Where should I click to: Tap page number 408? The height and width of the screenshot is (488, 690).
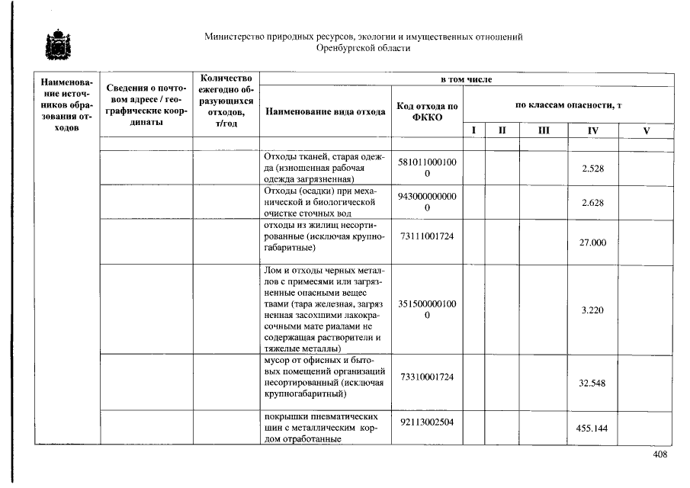(660, 455)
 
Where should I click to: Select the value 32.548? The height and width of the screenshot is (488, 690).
(592, 384)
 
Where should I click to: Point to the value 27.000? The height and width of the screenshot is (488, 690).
(592, 242)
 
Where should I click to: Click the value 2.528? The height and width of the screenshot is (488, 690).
(592, 169)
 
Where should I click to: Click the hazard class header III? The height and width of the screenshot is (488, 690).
(544, 130)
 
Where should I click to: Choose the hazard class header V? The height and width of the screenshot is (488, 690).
(646, 130)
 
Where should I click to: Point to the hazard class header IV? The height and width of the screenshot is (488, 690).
(592, 130)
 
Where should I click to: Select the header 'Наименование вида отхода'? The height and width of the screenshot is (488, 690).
(326, 111)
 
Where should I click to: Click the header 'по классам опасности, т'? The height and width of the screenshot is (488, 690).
(568, 104)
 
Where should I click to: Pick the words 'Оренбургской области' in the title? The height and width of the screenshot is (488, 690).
(364, 48)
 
